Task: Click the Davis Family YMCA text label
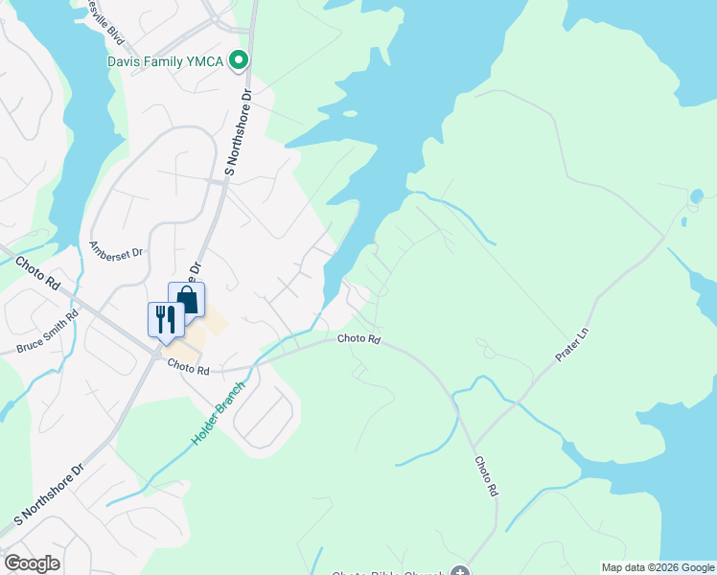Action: coord(165,62)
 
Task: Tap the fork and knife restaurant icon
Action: coord(165,319)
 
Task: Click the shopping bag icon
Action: coord(187,299)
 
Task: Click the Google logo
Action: coord(32,563)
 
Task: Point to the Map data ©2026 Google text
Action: coord(658,567)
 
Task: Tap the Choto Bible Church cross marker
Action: coord(461,572)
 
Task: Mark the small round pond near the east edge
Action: coord(695,197)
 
